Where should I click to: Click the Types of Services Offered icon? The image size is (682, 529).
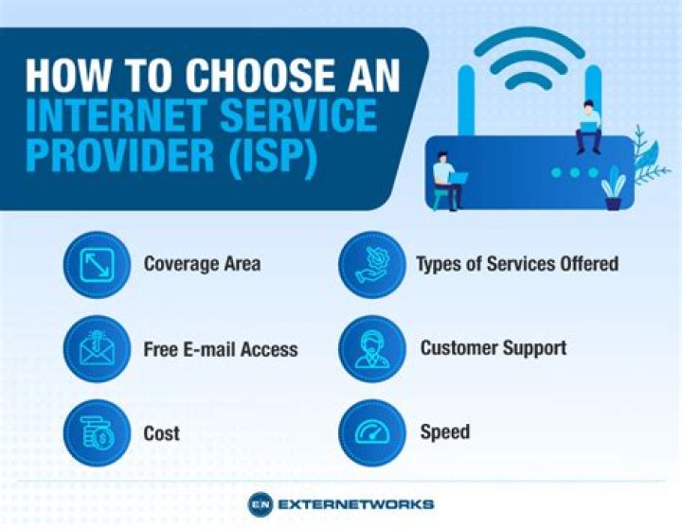pyautogui.click(x=372, y=264)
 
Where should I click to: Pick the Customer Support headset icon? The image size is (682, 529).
pyautogui.click(x=372, y=348)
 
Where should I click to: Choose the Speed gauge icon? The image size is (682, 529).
pyautogui.click(x=372, y=432)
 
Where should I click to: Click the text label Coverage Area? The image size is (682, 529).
pyautogui.click(x=201, y=263)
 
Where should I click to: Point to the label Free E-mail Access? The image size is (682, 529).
pyautogui.click(x=221, y=349)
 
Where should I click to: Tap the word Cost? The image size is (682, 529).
pyautogui.click(x=162, y=433)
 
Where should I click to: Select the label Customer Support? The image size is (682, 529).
pyautogui.click(x=494, y=347)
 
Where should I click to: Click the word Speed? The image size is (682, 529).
pyautogui.click(x=445, y=432)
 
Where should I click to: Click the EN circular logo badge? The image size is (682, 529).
pyautogui.click(x=261, y=503)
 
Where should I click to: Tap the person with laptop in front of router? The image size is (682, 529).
pyautogui.click(x=446, y=184)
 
